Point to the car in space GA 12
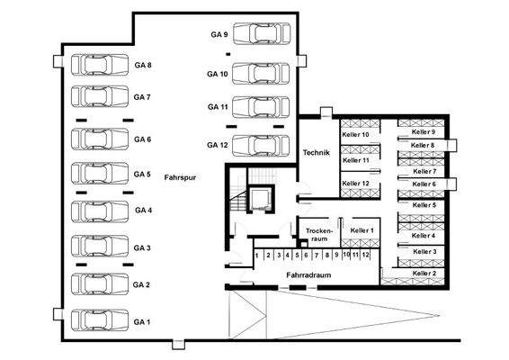[261, 144]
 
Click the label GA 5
[142, 174]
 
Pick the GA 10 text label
[216, 73]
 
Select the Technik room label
[316, 153]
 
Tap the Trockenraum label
[319, 234]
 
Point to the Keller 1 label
[363, 231]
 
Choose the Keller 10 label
[356, 134]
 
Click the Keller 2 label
[423, 273]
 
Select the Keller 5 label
[423, 204]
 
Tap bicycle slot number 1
[257, 256]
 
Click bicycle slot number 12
[366, 256]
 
